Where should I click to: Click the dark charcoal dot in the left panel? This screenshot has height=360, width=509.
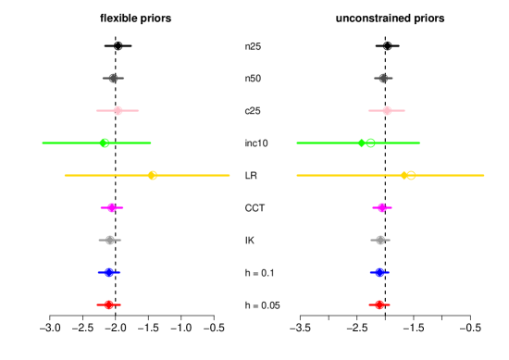pyautogui.click(x=113, y=79)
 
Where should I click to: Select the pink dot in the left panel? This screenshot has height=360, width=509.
pyautogui.click(x=118, y=111)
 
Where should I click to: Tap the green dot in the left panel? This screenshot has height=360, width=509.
pyautogui.click(x=105, y=143)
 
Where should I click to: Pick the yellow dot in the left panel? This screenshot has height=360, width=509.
pyautogui.click(x=153, y=175)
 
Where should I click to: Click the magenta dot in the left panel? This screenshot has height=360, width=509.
pyautogui.click(x=112, y=207)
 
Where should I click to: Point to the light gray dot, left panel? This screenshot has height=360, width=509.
pyautogui.click(x=110, y=240)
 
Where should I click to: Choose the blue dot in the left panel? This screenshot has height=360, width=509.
pyautogui.click(x=109, y=272)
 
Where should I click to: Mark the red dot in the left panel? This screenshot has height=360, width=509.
pyautogui.click(x=109, y=304)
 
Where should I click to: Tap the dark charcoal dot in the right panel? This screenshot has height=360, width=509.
pyautogui.click(x=382, y=79)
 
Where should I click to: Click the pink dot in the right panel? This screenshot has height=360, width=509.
pyautogui.click(x=387, y=111)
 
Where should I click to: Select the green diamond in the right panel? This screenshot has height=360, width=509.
pyautogui.click(x=362, y=143)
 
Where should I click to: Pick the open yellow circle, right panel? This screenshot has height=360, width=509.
pyautogui.click(x=410, y=175)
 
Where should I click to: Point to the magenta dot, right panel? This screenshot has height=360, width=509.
pyautogui.click(x=381, y=207)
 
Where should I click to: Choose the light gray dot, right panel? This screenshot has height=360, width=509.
pyautogui.click(x=379, y=240)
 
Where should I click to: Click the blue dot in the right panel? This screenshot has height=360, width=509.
pyautogui.click(x=379, y=272)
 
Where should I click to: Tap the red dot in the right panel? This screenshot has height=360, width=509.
pyautogui.click(x=379, y=304)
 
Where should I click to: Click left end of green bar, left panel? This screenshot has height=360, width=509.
pyautogui.click(x=42, y=143)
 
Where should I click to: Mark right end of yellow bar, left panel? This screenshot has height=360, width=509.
pyautogui.click(x=230, y=175)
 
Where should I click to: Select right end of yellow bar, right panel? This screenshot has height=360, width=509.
pyautogui.click(x=484, y=175)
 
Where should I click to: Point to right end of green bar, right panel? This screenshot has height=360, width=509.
pyautogui.click(x=419, y=143)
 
